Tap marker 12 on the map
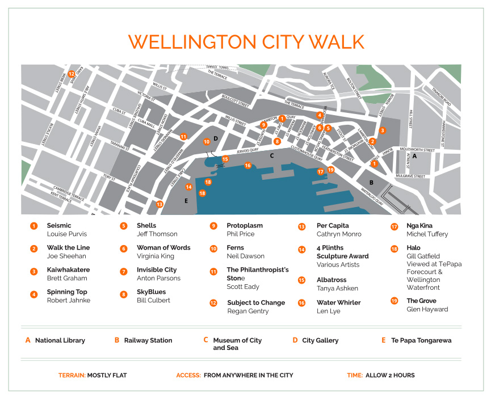pyautogui.click(x=72, y=74)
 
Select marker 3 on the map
pyautogui.click(x=382, y=130)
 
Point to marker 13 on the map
pyautogui.click(x=160, y=204)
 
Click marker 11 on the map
pyautogui.click(x=183, y=136)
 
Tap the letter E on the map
pyautogui.click(x=186, y=200)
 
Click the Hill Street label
pyautogui.click(x=410, y=124)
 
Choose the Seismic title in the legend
pyautogui.click(x=59, y=225)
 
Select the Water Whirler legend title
pyautogui.click(x=338, y=302)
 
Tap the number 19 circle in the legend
pyautogui.click(x=394, y=301)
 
